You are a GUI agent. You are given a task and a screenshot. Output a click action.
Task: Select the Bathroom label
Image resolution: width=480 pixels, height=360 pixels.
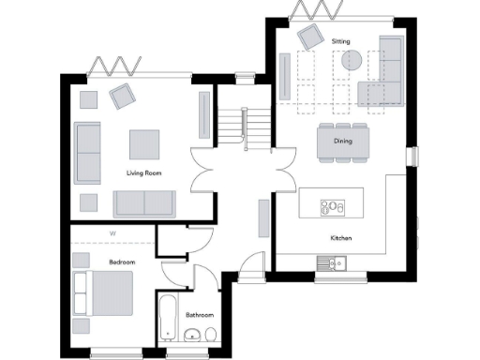tap(199, 315)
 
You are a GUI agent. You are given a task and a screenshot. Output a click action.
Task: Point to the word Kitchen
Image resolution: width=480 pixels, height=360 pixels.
tap(340, 238)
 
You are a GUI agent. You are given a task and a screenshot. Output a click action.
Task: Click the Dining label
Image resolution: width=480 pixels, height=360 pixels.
tap(342, 142)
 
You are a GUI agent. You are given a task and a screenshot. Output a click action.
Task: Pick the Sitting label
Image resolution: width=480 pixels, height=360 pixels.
tap(340, 42)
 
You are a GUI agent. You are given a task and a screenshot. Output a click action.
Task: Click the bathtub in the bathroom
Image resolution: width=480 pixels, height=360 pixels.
tap(167, 319)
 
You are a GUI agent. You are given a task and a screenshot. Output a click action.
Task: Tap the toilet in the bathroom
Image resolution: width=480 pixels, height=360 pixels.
tap(212, 335)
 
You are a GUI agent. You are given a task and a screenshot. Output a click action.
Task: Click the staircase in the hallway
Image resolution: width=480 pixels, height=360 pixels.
tap(235, 124)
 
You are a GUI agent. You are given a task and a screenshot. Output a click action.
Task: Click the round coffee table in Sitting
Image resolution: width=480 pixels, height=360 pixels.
tap(352, 62)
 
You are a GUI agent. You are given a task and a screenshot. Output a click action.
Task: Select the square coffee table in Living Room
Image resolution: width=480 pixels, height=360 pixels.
tap(145, 143)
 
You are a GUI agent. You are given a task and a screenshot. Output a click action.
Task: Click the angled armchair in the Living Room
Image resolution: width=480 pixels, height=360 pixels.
tap(121, 96)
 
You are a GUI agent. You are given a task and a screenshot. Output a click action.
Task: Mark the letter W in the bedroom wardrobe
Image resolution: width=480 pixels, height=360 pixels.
tap(112, 232)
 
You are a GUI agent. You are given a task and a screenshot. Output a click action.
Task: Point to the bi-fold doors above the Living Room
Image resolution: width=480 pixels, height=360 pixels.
tap(113, 67)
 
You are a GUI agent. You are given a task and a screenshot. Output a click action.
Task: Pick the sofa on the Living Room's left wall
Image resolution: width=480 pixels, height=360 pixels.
tap(87, 152)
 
